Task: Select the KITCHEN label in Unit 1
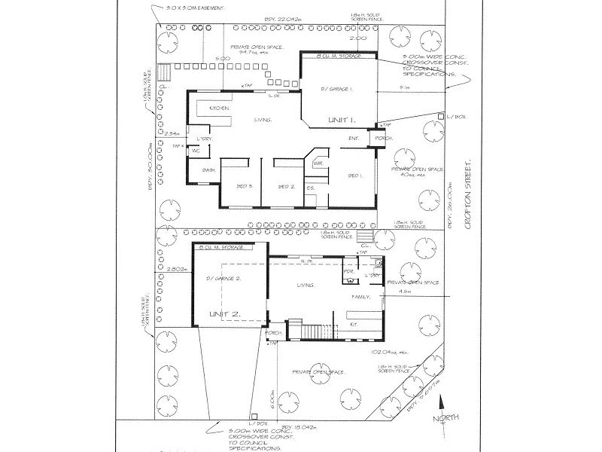(x=219, y=108)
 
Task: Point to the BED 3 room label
(x=245, y=186)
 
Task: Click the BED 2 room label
(x=285, y=186)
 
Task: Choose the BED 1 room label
(x=356, y=176)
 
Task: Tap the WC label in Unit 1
(x=195, y=151)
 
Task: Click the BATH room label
(x=209, y=171)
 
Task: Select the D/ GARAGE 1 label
(x=336, y=89)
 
